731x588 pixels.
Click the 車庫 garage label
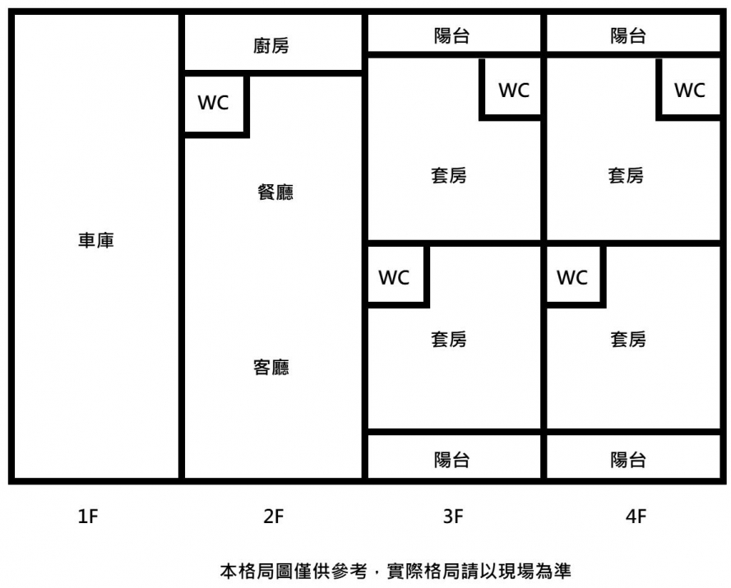95,241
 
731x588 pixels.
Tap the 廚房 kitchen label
271,46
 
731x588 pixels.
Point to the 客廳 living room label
271,367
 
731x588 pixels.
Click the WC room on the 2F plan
214,104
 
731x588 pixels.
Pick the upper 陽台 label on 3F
451,35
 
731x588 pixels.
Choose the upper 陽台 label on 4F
628,35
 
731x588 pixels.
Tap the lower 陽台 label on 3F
451,459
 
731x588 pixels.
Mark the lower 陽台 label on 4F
628,459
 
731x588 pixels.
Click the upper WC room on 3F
513,90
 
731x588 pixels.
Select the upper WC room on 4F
690,90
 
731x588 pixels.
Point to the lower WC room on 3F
394,277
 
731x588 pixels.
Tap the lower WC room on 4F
572,277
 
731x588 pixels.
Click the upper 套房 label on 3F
449,175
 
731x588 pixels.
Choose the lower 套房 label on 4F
628,339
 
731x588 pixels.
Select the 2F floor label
274,517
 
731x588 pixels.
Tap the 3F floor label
453,517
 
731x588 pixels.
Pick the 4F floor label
636,517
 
